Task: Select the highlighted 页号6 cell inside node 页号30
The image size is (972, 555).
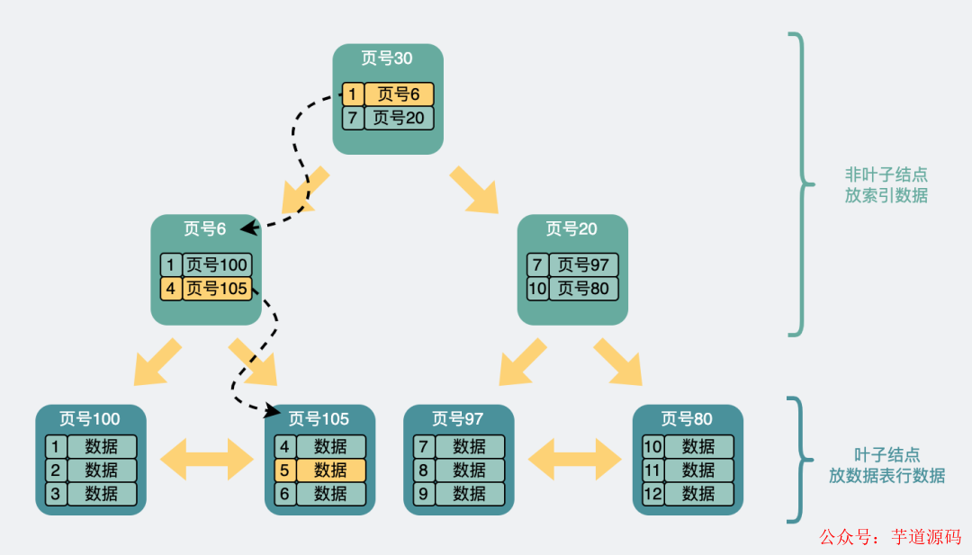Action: [399, 94]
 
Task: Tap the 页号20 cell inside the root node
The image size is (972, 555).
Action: [399, 118]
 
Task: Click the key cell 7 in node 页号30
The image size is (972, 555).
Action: [353, 118]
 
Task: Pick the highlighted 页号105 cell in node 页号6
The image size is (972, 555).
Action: [217, 289]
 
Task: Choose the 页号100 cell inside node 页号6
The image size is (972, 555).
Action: [217, 265]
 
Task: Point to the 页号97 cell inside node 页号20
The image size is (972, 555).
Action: [583, 265]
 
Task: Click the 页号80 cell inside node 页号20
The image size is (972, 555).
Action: [583, 289]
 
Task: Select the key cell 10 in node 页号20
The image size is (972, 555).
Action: [538, 289]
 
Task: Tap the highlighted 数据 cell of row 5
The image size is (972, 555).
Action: [330, 470]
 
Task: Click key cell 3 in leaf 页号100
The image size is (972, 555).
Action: [56, 494]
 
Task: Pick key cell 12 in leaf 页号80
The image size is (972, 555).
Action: [652, 494]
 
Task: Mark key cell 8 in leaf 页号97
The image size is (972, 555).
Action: [423, 470]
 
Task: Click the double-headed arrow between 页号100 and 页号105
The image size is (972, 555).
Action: [206, 460]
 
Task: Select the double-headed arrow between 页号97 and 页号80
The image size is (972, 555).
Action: [574, 460]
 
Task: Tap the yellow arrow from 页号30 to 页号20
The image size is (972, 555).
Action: [475, 189]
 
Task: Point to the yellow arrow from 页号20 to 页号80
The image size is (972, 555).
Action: [617, 361]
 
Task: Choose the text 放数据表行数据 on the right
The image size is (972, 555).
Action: [886, 476]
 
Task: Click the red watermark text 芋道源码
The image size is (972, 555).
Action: [926, 537]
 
